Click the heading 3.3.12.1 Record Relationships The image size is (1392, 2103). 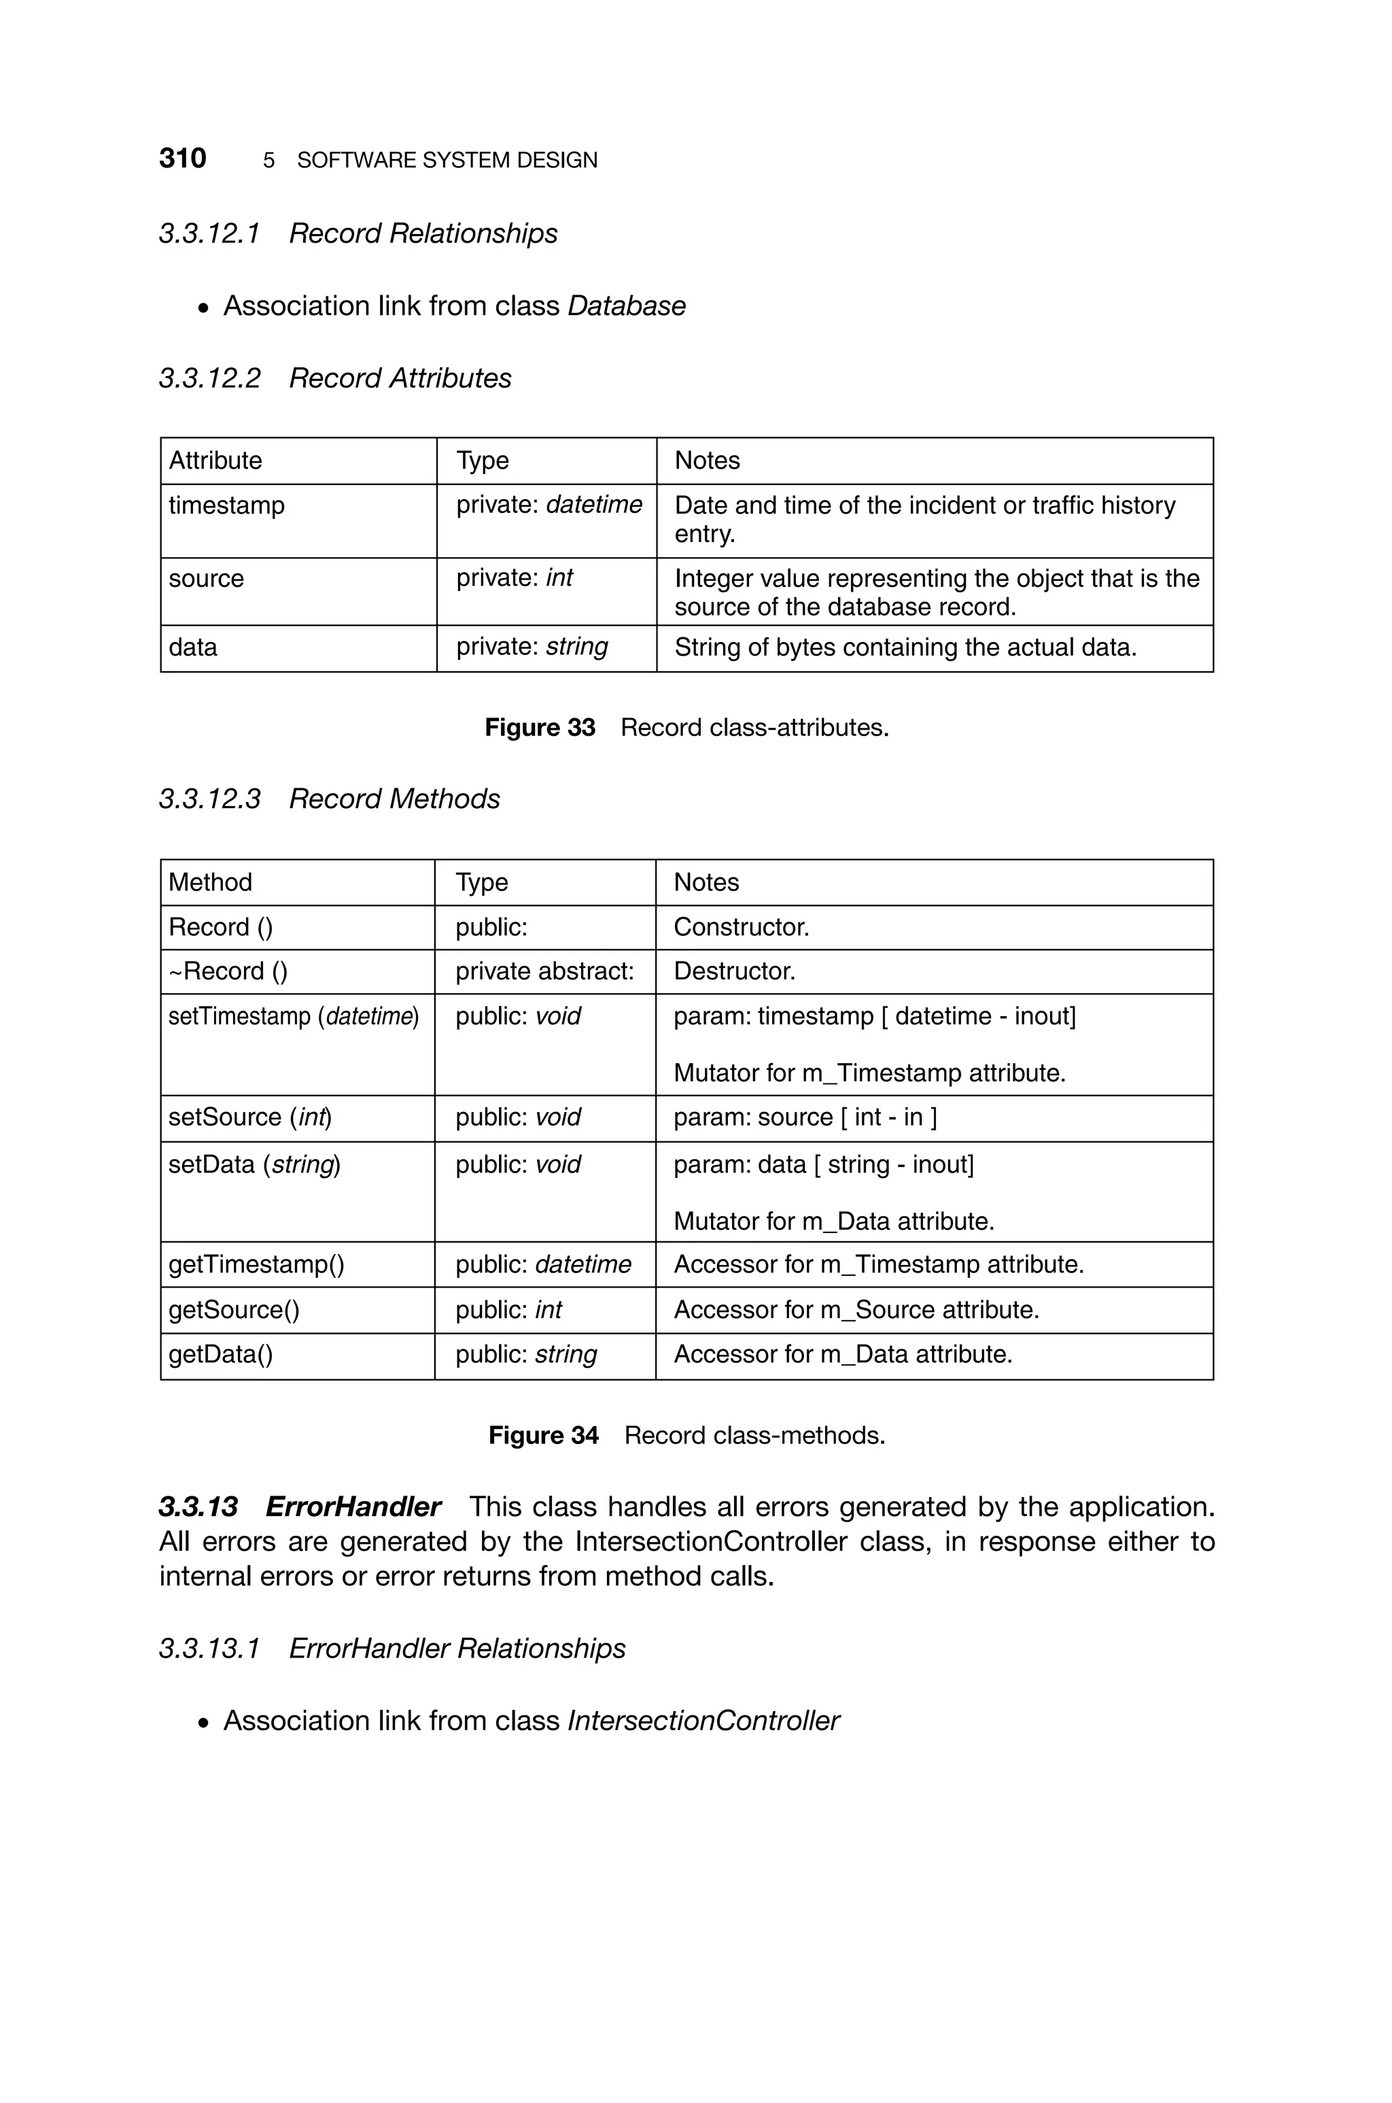pyautogui.click(x=358, y=233)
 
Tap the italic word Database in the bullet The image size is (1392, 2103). pyautogui.click(x=626, y=305)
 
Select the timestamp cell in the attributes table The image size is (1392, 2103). pyautogui.click(x=227, y=505)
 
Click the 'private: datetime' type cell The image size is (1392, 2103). pyautogui.click(x=548, y=505)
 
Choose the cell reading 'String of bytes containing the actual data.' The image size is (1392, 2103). pyautogui.click(x=905, y=647)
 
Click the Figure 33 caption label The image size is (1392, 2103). pyautogui.click(x=540, y=727)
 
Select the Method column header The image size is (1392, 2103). pyautogui.click(x=211, y=882)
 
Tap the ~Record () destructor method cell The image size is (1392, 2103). pyautogui.click(x=228, y=971)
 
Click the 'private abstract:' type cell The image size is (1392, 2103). pyautogui.click(x=544, y=971)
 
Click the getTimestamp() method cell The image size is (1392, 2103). pyautogui.click(x=256, y=1264)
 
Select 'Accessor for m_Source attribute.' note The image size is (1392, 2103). pyautogui.click(x=856, y=1310)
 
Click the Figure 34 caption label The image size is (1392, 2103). pyautogui.click(x=543, y=1435)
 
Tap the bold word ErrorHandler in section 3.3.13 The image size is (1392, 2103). pyautogui.click(x=353, y=1507)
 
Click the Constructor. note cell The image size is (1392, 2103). pyautogui.click(x=742, y=927)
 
